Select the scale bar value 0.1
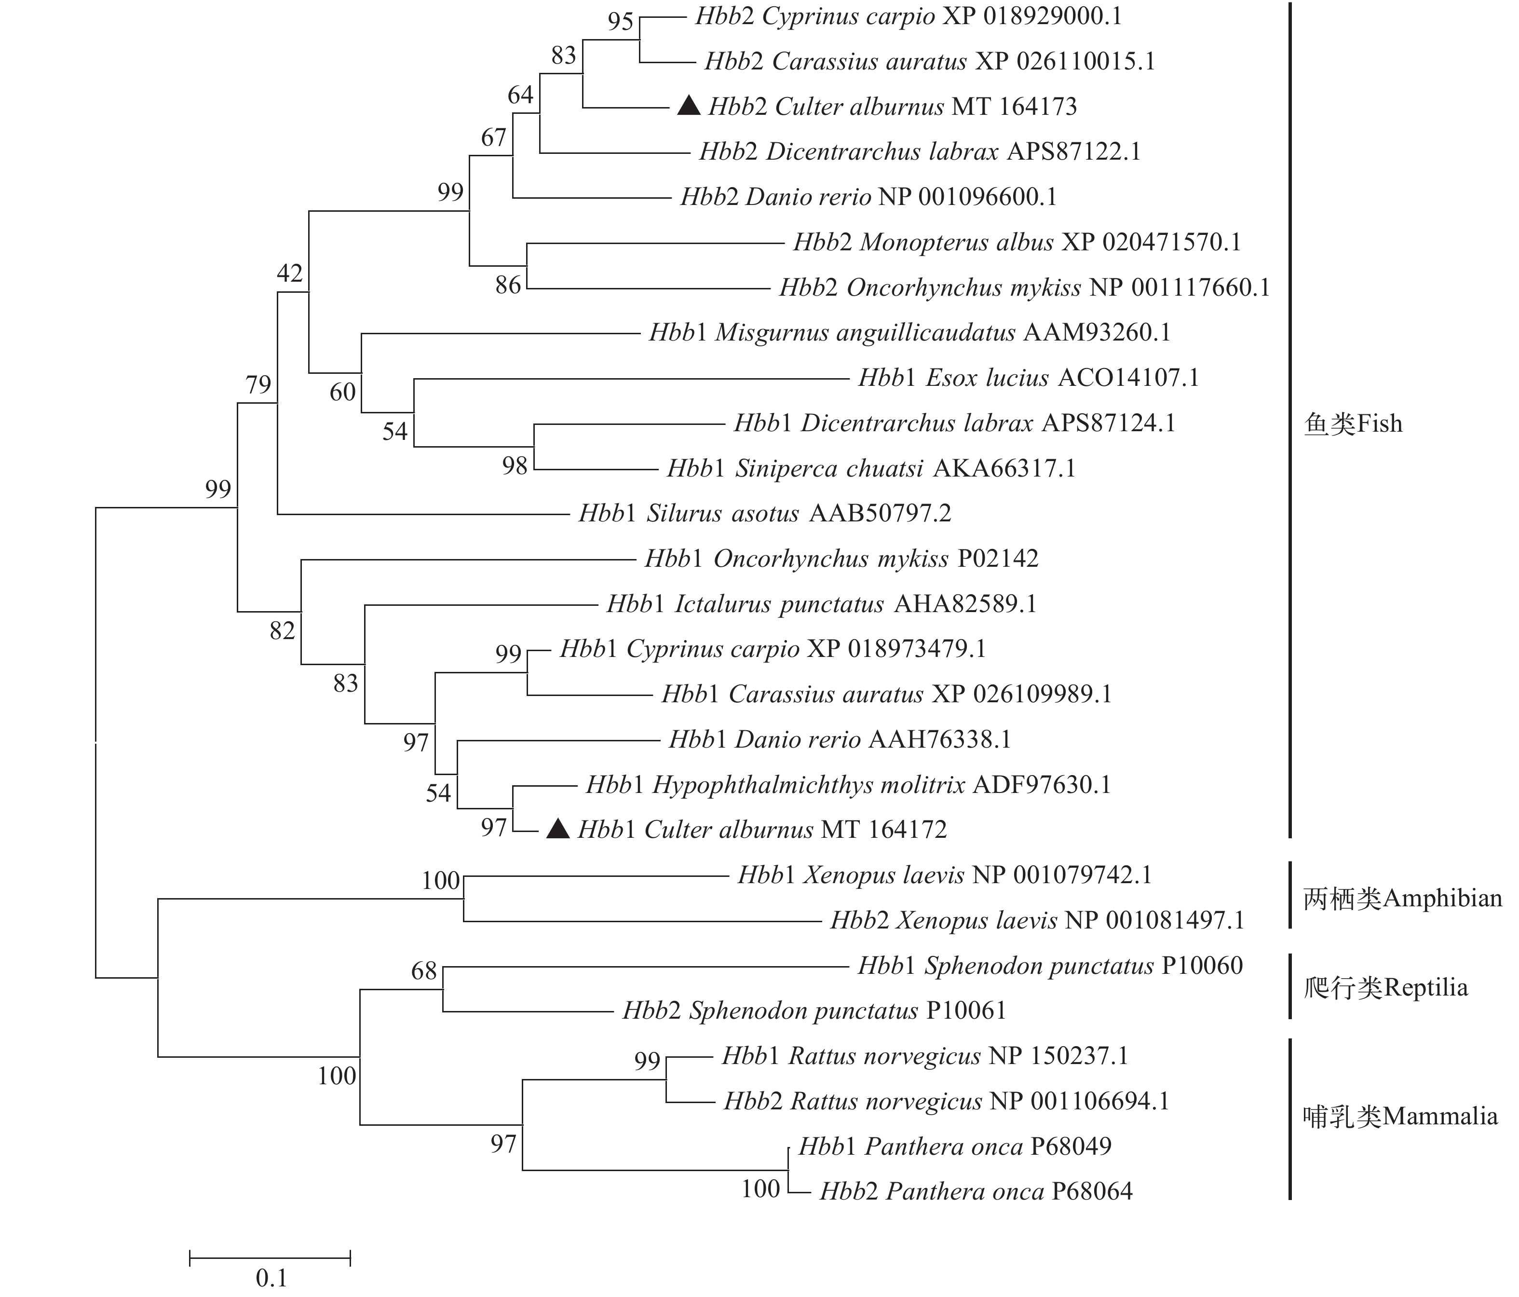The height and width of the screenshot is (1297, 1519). [x=271, y=1278]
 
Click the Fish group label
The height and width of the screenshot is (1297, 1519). [x=1353, y=424]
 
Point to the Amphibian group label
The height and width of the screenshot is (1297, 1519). [x=1402, y=898]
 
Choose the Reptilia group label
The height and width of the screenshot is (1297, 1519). [x=1385, y=988]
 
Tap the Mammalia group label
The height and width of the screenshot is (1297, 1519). [x=1399, y=1117]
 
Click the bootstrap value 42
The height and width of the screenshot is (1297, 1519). [x=290, y=273]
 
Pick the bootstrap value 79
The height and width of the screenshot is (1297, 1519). [x=258, y=385]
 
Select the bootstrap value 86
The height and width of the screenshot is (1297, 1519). [x=508, y=285]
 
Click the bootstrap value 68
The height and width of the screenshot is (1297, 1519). [x=424, y=971]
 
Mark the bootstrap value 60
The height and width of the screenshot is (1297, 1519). [x=342, y=392]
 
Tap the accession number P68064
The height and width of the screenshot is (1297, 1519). [x=1092, y=1191]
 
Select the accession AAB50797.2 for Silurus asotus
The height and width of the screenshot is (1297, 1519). [x=880, y=513]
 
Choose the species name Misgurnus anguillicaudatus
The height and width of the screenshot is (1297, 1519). [x=865, y=333]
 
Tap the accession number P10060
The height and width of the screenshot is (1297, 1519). [x=1202, y=966]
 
